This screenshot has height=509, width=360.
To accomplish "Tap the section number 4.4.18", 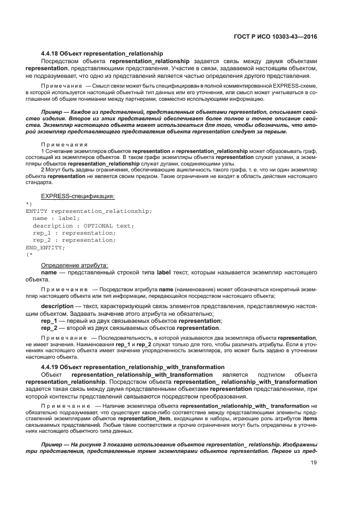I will [x=50, y=54].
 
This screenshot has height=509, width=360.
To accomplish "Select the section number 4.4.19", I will [x=50, y=367].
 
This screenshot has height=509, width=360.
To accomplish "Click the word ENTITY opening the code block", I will [x=36, y=211].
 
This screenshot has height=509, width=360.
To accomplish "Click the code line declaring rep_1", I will [x=74, y=232].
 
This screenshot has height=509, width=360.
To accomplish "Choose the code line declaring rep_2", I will [x=74, y=240].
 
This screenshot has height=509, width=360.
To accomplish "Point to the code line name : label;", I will [x=56, y=218].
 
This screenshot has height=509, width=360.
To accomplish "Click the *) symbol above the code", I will [x=29, y=204].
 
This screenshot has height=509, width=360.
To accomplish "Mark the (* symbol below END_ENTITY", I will [x=29, y=254].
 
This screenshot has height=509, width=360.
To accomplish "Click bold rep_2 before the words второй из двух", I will [x=49, y=328].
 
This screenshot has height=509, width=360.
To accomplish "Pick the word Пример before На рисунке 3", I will [x=54, y=446].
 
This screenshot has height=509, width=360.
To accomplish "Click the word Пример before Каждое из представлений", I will [x=54, y=112].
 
